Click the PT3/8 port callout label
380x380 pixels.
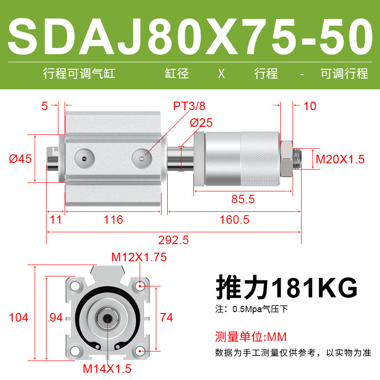click(189, 106)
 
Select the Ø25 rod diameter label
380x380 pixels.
click(201, 123)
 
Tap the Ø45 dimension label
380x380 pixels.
click(20, 159)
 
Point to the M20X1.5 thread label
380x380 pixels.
click(340, 160)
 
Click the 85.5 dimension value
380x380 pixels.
click(243, 199)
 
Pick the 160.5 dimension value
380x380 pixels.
click(234, 220)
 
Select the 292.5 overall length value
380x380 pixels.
click(173, 240)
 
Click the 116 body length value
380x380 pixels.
click(114, 220)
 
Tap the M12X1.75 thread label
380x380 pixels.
click(139, 257)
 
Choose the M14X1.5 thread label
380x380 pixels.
click(107, 369)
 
